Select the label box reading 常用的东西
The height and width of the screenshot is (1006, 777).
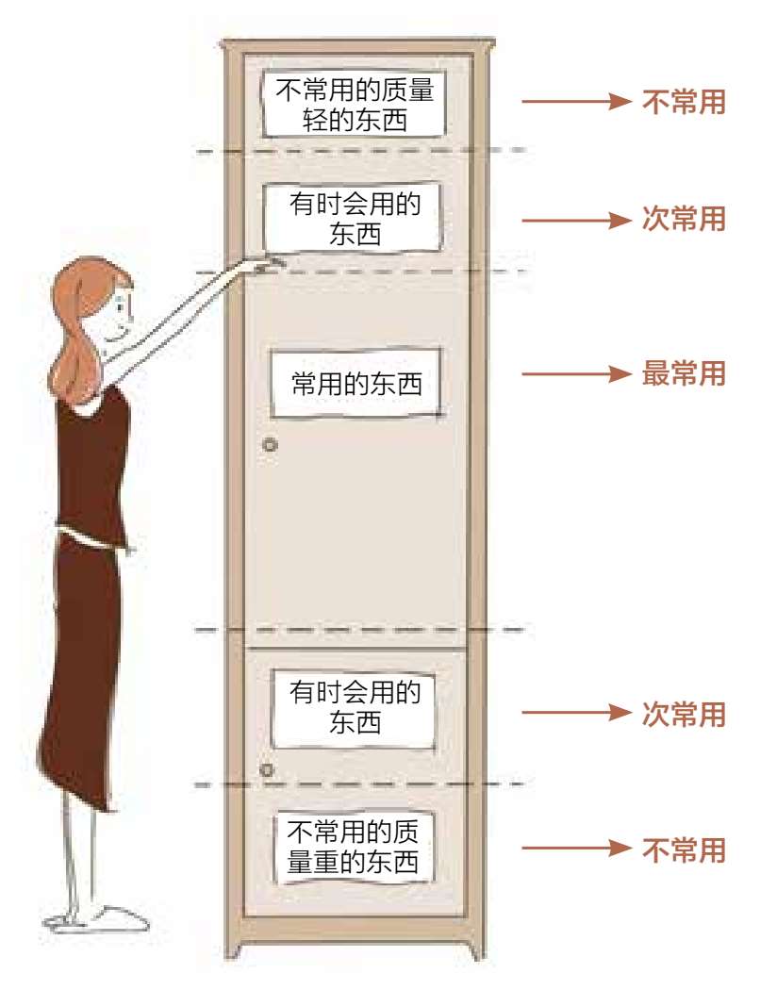click(356, 384)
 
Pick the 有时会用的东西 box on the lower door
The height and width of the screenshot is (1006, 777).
click(355, 707)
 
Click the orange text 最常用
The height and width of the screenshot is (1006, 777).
click(684, 374)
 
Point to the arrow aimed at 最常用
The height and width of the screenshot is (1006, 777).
click(575, 374)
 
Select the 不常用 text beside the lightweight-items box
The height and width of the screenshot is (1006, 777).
click(684, 103)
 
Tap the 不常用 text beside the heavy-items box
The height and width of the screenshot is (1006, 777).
click(684, 850)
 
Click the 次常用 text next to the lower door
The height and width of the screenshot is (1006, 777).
click(684, 715)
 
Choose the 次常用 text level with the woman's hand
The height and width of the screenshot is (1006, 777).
click(684, 220)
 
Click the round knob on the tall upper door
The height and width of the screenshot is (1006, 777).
click(271, 444)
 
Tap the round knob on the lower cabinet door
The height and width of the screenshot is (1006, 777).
click(267, 770)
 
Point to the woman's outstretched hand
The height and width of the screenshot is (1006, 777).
click(270, 265)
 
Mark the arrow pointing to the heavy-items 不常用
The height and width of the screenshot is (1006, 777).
click(575, 850)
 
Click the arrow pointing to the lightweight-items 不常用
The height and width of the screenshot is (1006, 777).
click(575, 103)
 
